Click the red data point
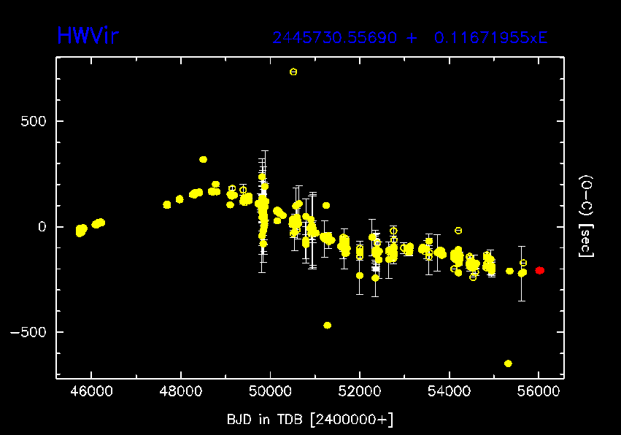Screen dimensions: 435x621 539,270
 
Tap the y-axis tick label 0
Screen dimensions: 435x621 42,226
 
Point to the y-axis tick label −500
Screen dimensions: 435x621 28,332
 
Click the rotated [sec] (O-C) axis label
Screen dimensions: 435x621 585,217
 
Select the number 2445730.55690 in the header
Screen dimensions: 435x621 335,38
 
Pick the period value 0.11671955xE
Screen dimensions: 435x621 490,38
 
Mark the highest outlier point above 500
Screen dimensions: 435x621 293,72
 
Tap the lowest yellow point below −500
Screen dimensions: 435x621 508,363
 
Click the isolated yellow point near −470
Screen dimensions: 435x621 327,325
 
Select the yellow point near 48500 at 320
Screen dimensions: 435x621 204,159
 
